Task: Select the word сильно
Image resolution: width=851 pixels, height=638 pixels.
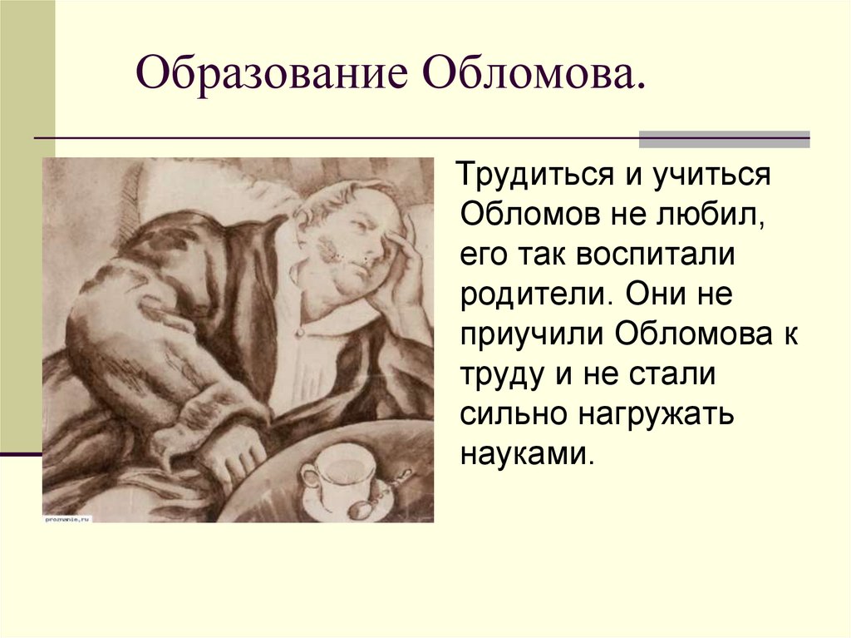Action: pyautogui.click(x=512, y=414)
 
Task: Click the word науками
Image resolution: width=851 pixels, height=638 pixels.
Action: pyautogui.click(x=524, y=454)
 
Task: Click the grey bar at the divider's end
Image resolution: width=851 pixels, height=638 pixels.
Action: pyautogui.click(x=724, y=139)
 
